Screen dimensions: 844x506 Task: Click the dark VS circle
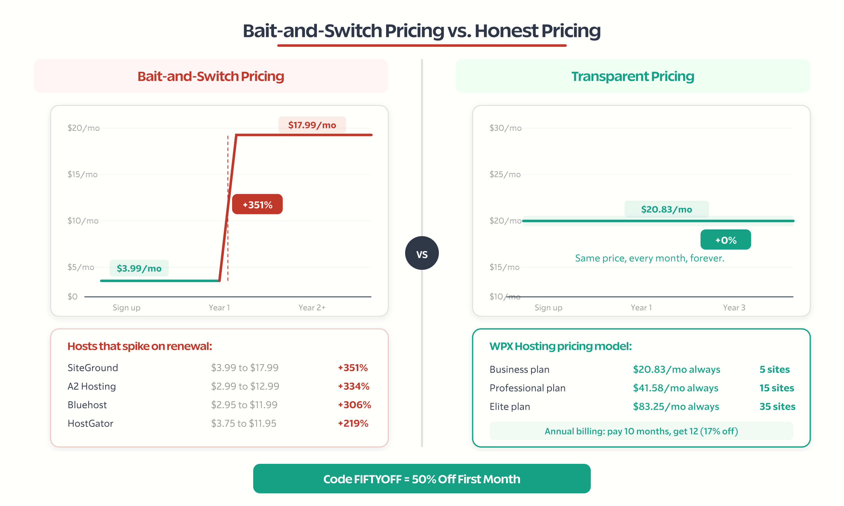(422, 253)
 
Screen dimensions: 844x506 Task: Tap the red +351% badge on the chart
(257, 204)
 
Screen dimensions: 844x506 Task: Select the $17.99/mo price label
(312, 125)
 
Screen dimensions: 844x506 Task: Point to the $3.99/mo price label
(139, 268)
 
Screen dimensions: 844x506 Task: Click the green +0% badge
(726, 240)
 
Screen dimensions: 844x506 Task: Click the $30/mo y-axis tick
(506, 128)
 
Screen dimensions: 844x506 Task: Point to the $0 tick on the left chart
(73, 296)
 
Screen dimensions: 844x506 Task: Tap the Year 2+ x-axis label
(312, 308)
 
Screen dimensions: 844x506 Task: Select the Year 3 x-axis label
(734, 308)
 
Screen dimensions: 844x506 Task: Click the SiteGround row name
(93, 368)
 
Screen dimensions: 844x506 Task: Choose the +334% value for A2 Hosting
(353, 386)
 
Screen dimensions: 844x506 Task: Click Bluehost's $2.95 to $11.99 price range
(244, 405)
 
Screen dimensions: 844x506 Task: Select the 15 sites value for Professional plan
(777, 388)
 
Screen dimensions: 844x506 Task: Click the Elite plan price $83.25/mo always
(676, 407)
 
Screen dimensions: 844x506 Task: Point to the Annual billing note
(641, 431)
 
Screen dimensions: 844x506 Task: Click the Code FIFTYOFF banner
(422, 479)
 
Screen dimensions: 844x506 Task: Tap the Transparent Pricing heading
(633, 76)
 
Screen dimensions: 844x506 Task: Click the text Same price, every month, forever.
(649, 258)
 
